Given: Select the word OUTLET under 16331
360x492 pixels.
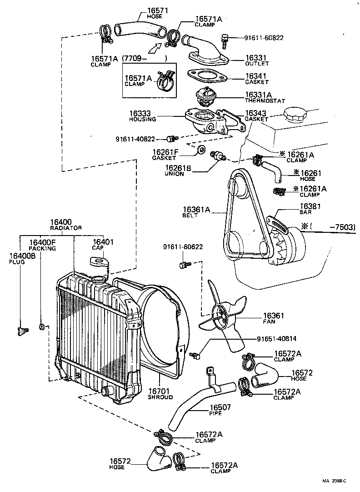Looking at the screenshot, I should (x=257, y=64).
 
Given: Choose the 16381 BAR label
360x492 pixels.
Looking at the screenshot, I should (x=308, y=209).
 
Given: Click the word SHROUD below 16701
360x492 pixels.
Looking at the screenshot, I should (x=160, y=397).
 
